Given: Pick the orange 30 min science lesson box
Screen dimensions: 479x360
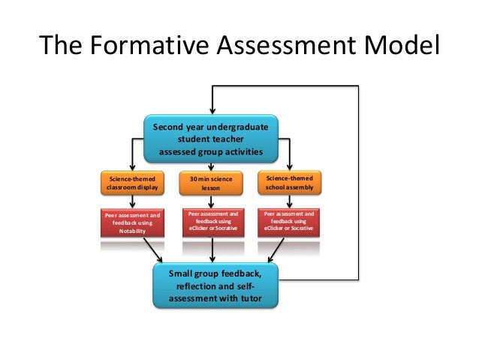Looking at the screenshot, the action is point(212,183).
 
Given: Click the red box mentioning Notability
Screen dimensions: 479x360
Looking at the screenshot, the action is point(133,222).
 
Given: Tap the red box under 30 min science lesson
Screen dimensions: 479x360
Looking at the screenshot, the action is point(212,222).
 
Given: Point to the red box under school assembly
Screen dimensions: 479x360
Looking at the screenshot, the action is point(290,222).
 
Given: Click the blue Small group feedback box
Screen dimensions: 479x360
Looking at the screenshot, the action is point(216,286).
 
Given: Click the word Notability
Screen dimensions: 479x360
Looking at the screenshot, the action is point(132,231).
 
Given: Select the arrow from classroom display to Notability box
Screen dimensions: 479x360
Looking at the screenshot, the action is point(133,201).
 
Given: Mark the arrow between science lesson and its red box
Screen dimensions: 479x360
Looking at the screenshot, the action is point(212,201).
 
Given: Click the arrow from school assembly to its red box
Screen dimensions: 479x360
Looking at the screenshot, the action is point(290,201).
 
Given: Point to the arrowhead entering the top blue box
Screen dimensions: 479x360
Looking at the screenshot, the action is point(212,110).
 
